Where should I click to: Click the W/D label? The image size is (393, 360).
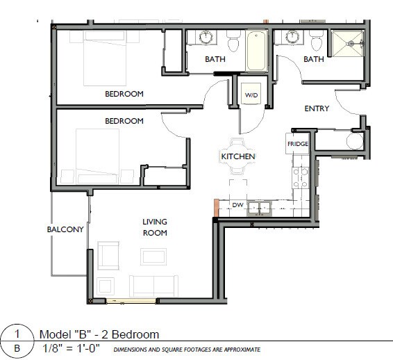pyautogui.click(x=250, y=95)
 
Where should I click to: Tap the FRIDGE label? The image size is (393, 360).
pyautogui.click(x=297, y=144)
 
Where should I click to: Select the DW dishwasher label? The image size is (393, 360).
pyautogui.click(x=237, y=205)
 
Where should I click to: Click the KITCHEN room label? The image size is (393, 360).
pyautogui.click(x=238, y=157)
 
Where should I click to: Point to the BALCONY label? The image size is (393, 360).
pyautogui.click(x=65, y=229)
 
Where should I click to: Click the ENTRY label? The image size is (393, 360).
pyautogui.click(x=317, y=108)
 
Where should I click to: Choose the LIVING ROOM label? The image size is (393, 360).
pyautogui.click(x=155, y=227)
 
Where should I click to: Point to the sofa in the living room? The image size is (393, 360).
pyautogui.click(x=152, y=284)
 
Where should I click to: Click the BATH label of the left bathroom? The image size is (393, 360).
pyautogui.click(x=215, y=60)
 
